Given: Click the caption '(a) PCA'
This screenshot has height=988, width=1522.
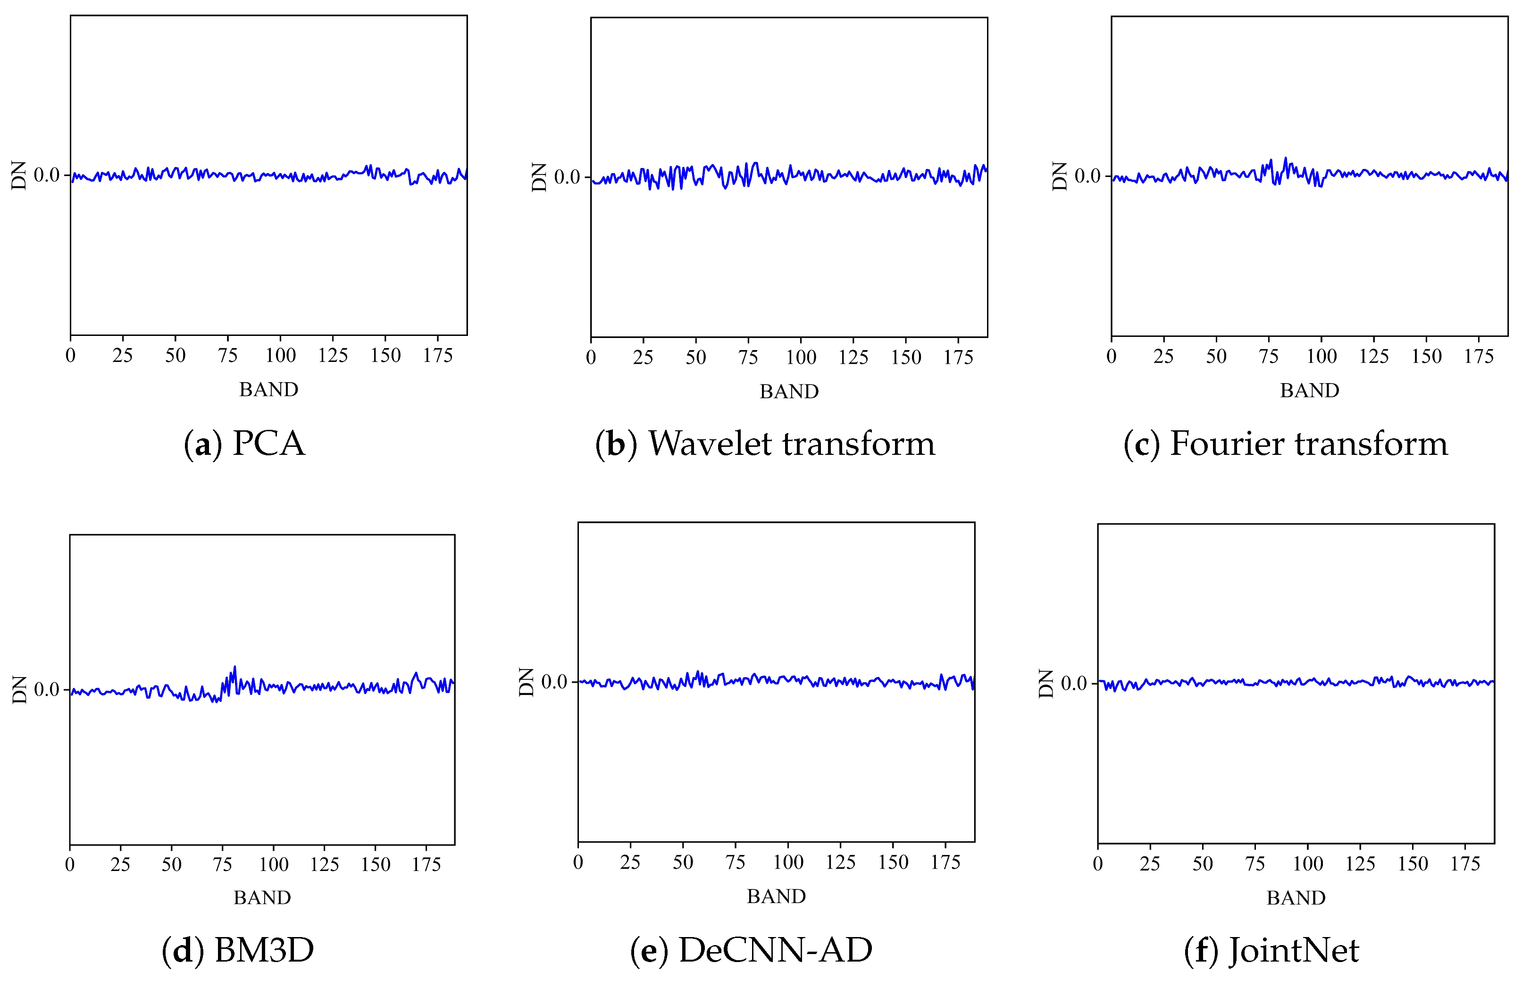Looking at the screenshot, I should point(244,443).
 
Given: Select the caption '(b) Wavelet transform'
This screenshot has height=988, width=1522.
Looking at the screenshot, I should point(765,443).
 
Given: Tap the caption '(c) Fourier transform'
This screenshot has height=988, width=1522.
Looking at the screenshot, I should point(1285,443).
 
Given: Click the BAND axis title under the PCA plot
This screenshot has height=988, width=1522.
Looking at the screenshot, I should point(268,389).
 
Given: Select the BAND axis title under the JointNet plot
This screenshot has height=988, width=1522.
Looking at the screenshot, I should point(1296,898).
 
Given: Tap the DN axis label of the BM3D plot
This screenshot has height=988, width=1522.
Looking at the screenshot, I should point(20,689).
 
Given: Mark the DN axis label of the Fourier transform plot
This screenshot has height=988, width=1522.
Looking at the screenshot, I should point(1060,176).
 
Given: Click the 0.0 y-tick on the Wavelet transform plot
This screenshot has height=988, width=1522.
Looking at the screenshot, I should point(567,177).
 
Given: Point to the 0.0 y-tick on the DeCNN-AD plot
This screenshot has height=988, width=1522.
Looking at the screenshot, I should point(554,682).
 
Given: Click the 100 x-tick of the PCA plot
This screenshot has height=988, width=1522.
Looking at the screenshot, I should point(280,356).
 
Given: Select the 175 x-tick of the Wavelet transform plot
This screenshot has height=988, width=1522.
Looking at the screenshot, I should point(958,358).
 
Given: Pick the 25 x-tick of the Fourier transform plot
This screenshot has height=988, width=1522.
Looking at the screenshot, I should point(1163,356).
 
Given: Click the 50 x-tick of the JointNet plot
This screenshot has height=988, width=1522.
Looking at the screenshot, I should point(1202,864).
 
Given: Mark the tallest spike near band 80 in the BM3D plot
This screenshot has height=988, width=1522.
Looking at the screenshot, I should point(234,667).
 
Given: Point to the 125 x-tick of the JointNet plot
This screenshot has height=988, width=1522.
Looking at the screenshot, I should point(1360,864).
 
